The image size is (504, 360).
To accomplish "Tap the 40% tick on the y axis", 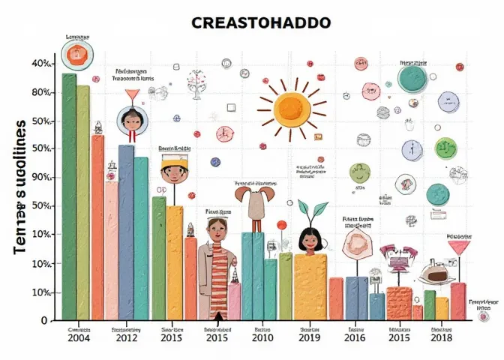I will tap(40, 64).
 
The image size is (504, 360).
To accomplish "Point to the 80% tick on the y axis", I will tap(40, 93).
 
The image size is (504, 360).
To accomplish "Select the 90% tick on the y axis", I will tap(40, 178).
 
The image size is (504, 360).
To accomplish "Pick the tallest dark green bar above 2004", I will tap(69, 195).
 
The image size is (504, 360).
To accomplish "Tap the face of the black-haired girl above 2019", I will tap(308, 241).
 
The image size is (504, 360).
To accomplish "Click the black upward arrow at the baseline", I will tap(217, 316).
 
